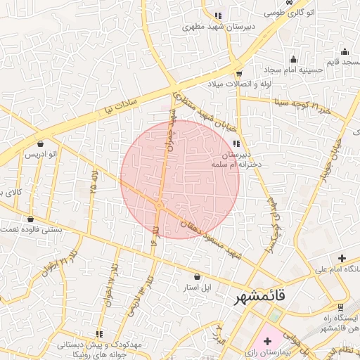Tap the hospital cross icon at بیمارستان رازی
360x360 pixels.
coord(267,340)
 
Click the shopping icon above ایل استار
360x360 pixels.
coord(196,277)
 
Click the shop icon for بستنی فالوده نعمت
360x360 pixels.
coord(30,219)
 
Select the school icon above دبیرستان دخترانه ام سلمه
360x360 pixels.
coord(235,144)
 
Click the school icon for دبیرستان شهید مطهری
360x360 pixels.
coord(218,15)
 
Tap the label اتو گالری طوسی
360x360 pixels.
coord(290,13)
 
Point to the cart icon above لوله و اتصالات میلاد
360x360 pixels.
coord(239,73)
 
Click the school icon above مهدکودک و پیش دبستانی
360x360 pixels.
coord(99,333)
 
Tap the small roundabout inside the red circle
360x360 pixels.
coord(160,205)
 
